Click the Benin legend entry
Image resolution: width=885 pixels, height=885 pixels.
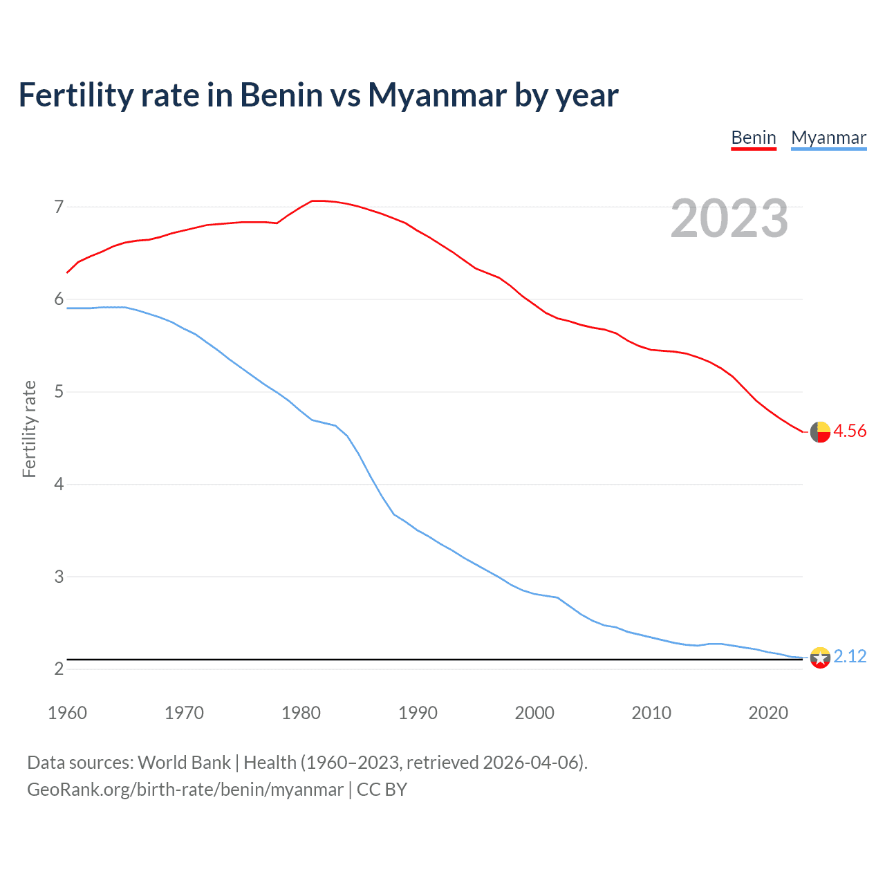pos(754,138)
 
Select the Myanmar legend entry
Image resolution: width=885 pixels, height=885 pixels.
pos(828,138)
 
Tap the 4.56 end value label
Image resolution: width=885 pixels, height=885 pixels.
pos(850,431)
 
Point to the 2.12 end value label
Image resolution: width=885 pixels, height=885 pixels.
pos(850,656)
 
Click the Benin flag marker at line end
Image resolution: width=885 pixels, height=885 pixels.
pos(820,431)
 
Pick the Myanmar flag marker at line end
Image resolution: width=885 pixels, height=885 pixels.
pos(820,658)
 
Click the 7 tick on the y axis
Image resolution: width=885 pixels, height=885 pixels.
pos(59,207)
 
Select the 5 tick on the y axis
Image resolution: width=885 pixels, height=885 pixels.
pos(59,392)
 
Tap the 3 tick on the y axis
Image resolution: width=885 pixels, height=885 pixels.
pos(59,577)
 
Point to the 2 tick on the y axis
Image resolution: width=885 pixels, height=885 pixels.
pos(59,669)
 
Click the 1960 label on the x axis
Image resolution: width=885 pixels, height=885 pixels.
pos(67,713)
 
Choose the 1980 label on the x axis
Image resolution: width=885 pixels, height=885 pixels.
pos(301,713)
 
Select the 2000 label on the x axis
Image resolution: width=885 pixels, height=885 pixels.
pos(534,713)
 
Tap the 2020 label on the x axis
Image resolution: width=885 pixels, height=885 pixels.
pos(768,713)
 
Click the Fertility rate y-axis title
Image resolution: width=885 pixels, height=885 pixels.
pos(29,429)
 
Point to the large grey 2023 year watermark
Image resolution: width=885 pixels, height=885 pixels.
pos(729,218)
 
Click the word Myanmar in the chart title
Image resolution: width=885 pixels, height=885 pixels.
pos(437,95)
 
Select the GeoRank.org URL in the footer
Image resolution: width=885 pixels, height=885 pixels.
pos(185,790)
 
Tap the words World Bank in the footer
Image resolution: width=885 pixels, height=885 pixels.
pos(184,763)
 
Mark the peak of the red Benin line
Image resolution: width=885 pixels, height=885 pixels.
pos(316,201)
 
